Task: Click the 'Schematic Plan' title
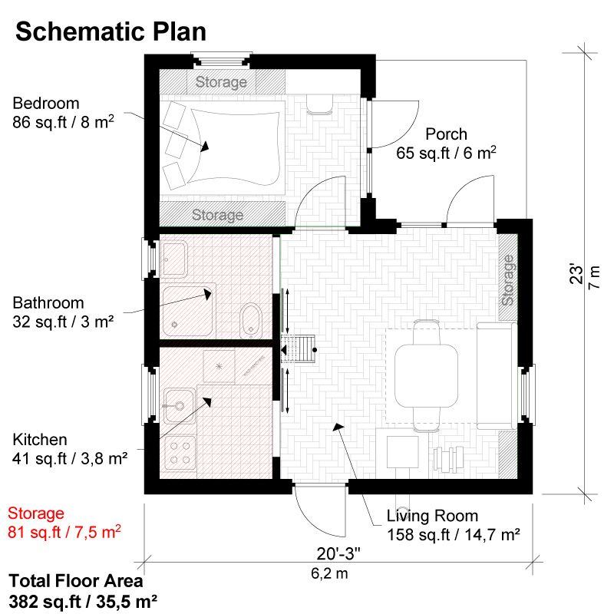(111, 31)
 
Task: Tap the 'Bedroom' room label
(46, 104)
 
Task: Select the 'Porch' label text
(446, 134)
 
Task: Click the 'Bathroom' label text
(48, 303)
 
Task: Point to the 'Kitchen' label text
(40, 440)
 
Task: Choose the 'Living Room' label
(432, 516)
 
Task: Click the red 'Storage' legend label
(36, 513)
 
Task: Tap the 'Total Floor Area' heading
(77, 581)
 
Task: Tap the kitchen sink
(178, 404)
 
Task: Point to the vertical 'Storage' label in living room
(507, 280)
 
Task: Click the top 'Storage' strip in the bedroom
(221, 81)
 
